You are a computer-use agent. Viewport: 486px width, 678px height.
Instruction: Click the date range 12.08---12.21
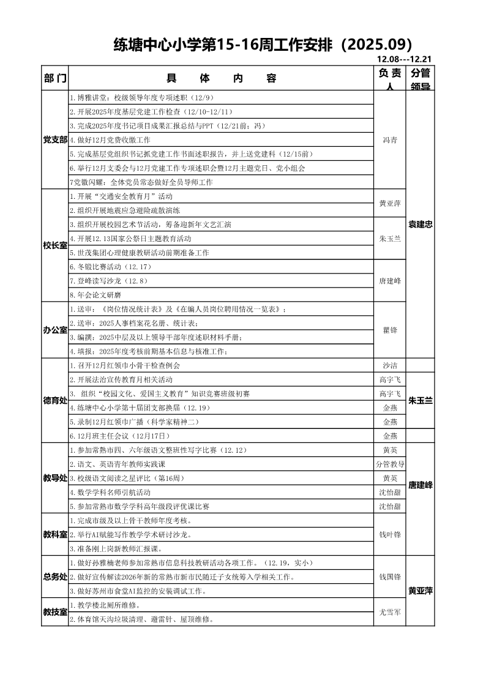[405, 59]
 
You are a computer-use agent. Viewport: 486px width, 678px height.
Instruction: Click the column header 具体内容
[221, 78]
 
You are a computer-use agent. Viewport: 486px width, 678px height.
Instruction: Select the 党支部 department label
[55, 140]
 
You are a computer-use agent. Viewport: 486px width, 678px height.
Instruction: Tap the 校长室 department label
[55, 245]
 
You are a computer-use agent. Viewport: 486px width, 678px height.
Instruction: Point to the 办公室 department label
[55, 330]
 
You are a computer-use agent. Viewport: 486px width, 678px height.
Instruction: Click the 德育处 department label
[55, 400]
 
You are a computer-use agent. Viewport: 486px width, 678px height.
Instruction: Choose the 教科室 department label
[55, 534]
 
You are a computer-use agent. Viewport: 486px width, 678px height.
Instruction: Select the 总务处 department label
[55, 576]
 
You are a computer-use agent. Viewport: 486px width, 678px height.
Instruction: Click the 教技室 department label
[55, 612]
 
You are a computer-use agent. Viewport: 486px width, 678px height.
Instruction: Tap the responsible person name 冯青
[390, 140]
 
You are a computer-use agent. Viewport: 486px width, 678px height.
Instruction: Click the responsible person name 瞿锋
[390, 330]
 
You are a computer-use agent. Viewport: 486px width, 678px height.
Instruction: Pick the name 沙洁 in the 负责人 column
[390, 365]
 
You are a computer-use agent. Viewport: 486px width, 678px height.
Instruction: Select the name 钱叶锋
[390, 534]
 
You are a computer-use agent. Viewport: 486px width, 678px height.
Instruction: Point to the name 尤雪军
[390, 612]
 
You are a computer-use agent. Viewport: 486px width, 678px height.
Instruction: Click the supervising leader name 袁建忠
[421, 225]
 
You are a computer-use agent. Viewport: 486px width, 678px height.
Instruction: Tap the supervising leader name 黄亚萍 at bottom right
[421, 590]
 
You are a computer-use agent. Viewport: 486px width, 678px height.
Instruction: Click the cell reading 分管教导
[390, 464]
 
